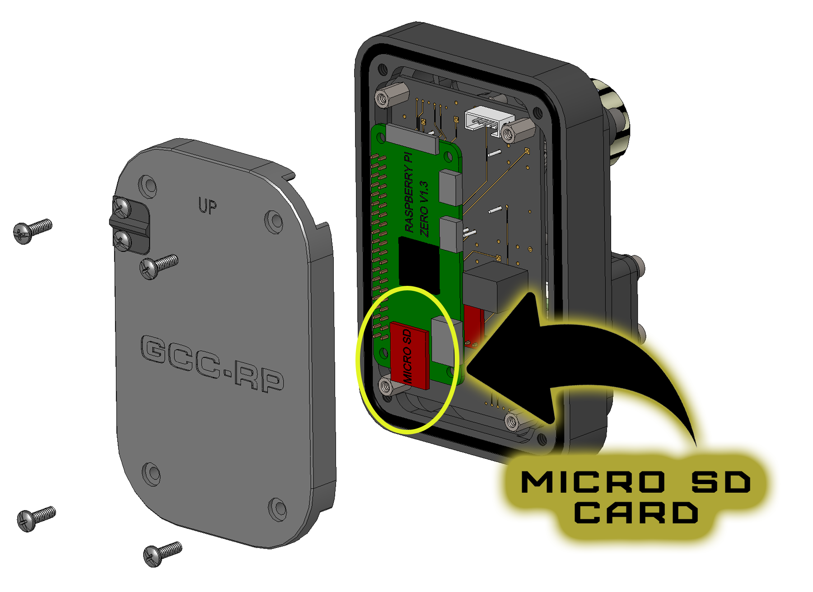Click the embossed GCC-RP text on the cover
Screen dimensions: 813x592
pos(212,364)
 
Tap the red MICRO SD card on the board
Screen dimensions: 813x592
pos(410,355)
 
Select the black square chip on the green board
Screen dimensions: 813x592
pos(419,266)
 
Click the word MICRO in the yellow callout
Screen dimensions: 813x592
pos(593,482)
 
